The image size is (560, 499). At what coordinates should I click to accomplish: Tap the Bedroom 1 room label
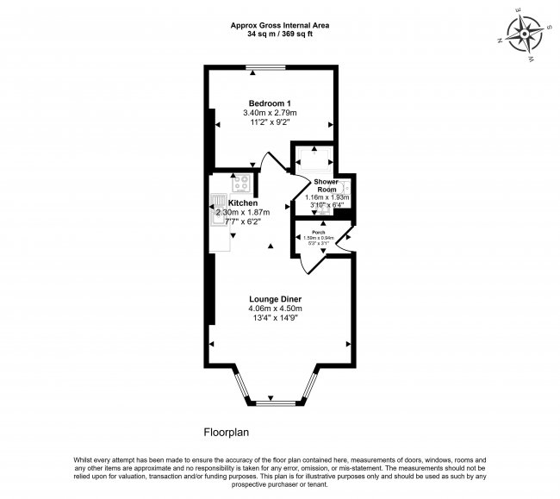tap(270, 103)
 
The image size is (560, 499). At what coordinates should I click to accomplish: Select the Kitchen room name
tap(243, 203)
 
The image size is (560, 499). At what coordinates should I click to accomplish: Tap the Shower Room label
tap(325, 185)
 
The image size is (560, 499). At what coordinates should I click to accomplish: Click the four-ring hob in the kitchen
tap(240, 183)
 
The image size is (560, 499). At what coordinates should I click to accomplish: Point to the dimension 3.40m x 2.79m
tap(270, 113)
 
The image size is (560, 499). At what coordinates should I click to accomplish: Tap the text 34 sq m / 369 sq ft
tap(281, 34)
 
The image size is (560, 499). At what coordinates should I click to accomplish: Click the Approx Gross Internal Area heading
tap(281, 25)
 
